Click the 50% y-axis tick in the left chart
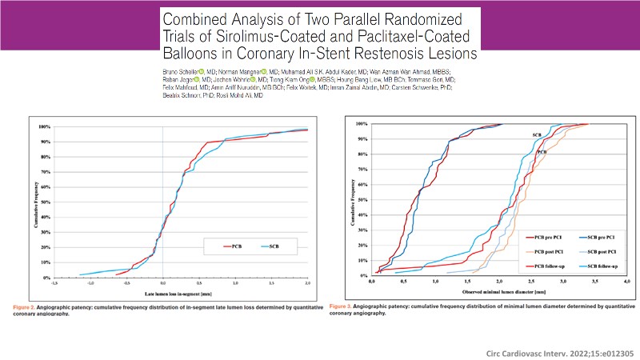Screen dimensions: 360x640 pos(46,201)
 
